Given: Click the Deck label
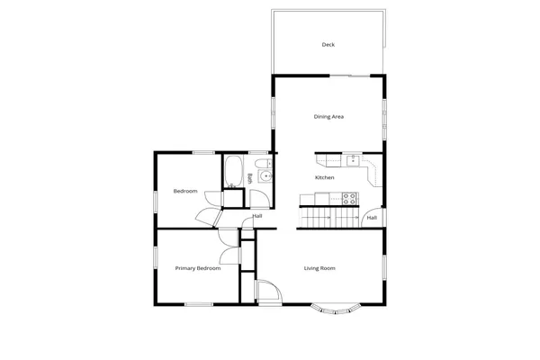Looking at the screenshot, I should click(328, 44).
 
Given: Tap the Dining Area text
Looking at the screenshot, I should click(328, 116).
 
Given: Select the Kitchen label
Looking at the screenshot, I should click(325, 177).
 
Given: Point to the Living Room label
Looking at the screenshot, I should click(319, 268).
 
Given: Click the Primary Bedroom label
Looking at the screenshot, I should click(197, 268).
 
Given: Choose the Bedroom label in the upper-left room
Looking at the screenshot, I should click(185, 191).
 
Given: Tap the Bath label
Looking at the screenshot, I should click(249, 178).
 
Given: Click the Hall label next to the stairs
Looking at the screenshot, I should click(371, 217).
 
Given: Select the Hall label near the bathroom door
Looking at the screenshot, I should click(257, 216).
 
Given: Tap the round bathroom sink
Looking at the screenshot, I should click(264, 176).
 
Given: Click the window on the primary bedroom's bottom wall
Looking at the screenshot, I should click(198, 303).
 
